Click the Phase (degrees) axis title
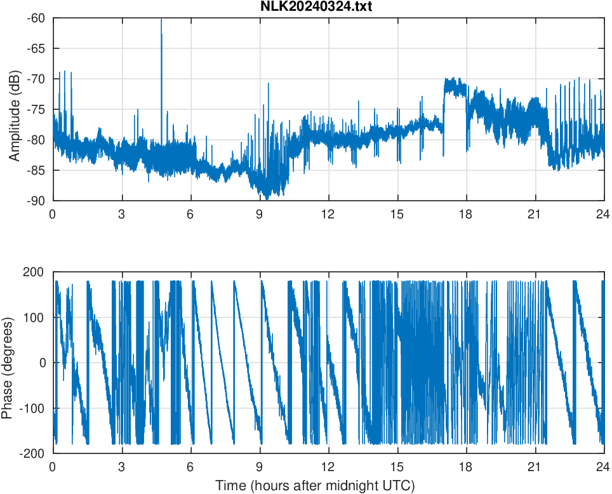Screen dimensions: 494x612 click(x=8, y=363)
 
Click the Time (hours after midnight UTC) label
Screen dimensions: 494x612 click(x=315, y=486)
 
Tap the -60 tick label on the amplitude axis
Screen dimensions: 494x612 click(x=36, y=18)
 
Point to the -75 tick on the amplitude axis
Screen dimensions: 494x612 click(x=36, y=109)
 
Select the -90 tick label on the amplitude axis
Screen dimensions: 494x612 click(x=36, y=201)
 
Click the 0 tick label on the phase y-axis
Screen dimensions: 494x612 click(x=42, y=363)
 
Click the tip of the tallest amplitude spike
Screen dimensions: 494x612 click(x=161, y=20)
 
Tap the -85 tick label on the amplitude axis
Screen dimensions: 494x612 click(x=36, y=170)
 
